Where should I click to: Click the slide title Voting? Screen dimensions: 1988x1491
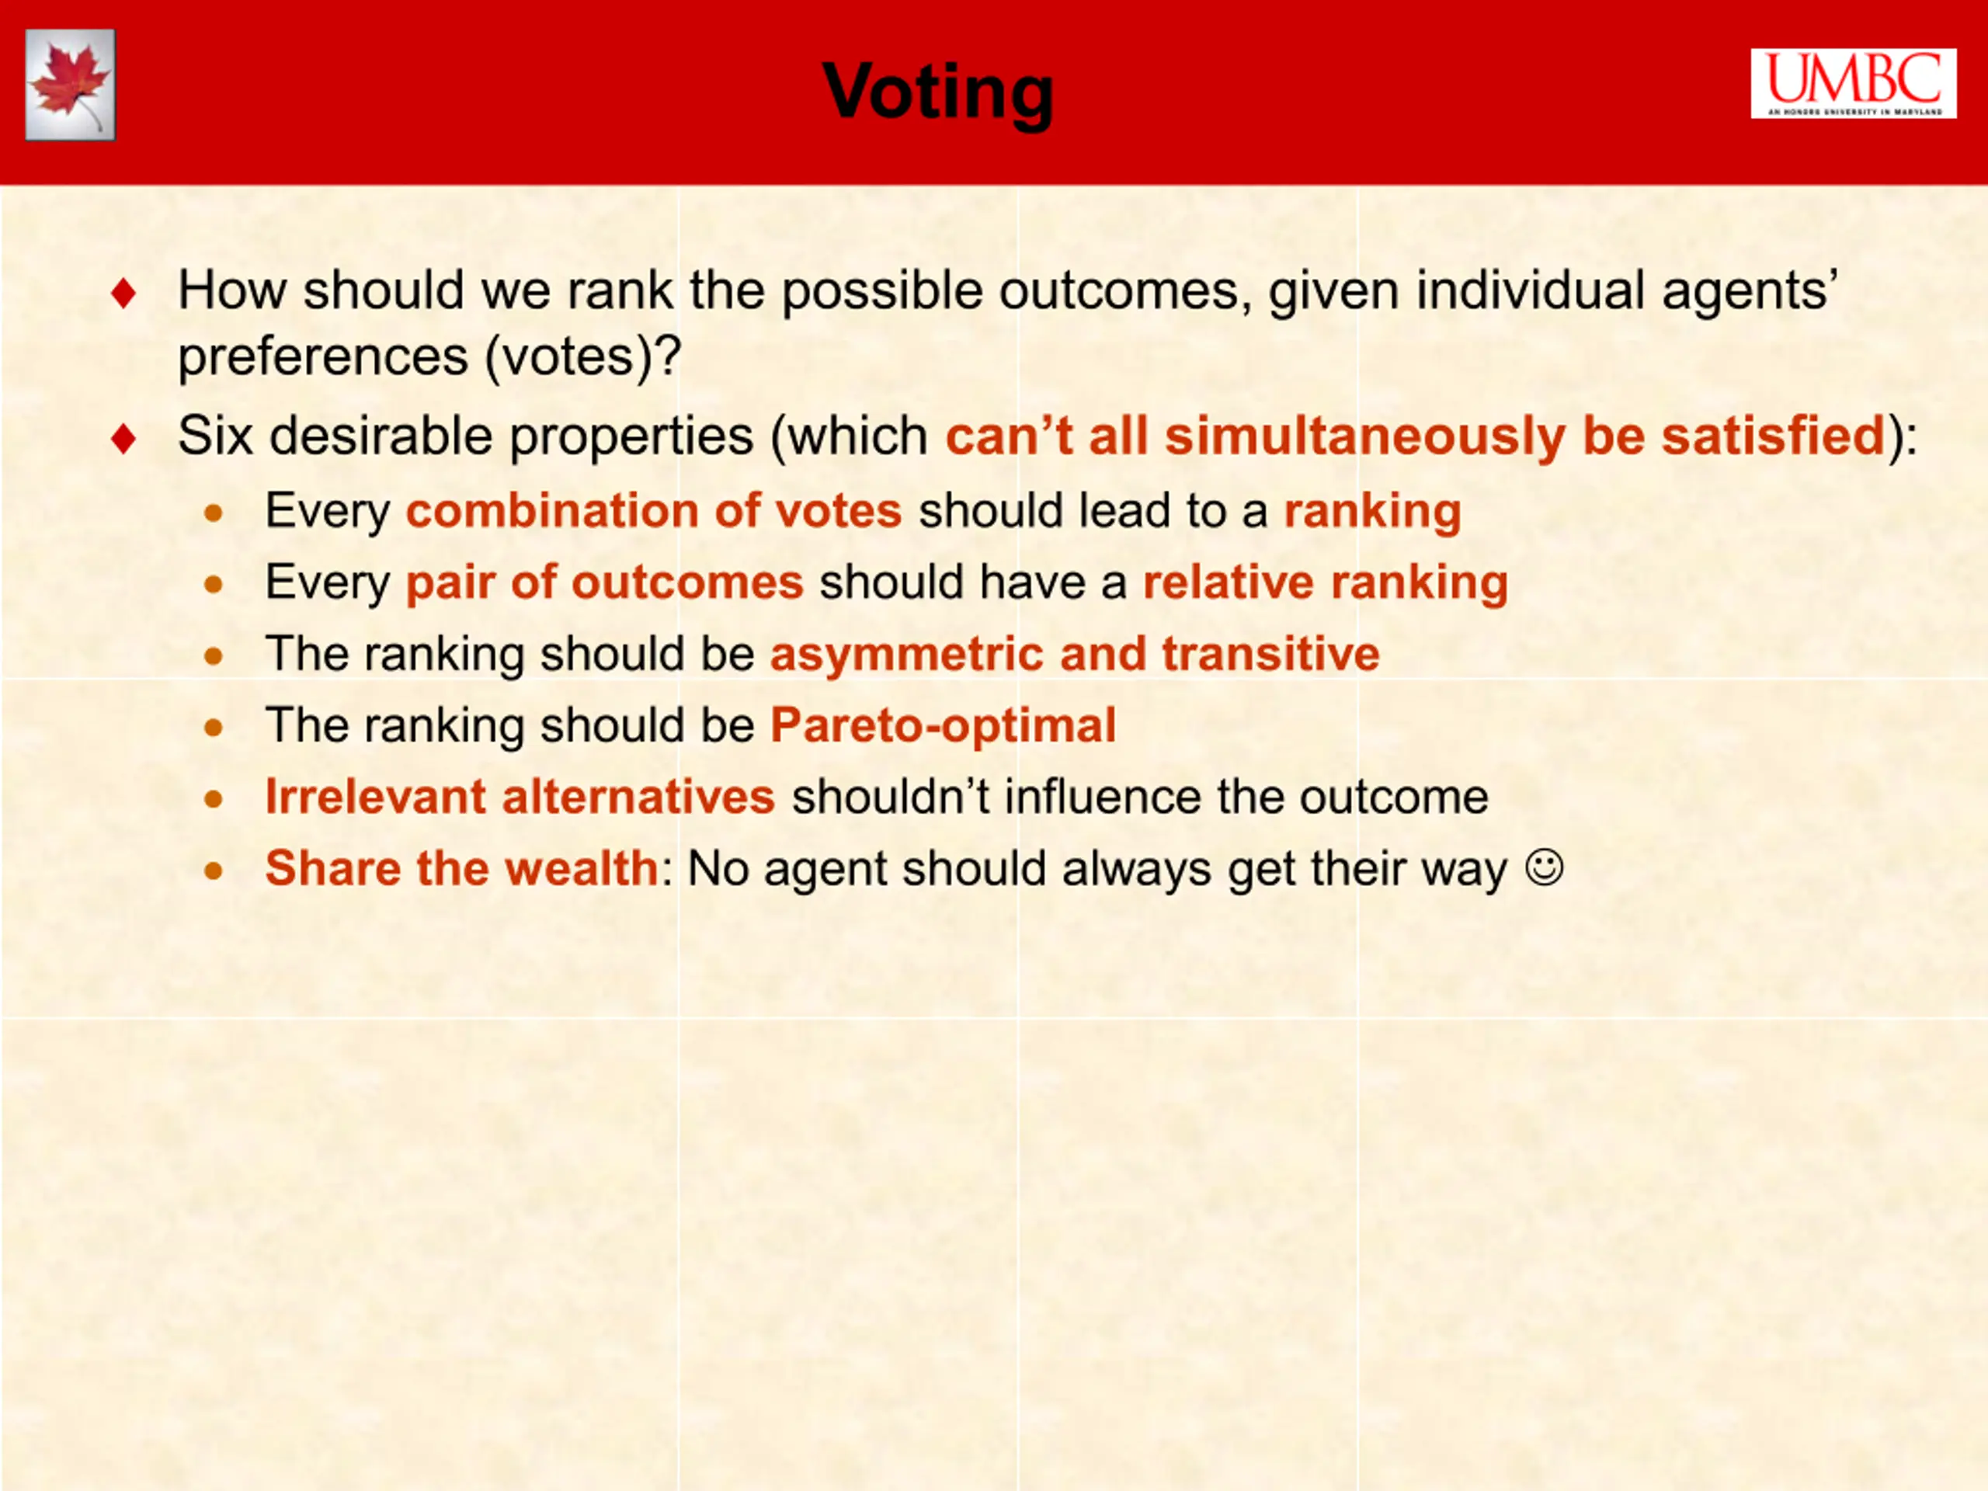937,92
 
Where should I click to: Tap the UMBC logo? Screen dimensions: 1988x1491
1853,84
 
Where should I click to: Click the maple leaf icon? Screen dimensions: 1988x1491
70,85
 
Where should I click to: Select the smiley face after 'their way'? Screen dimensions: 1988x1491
1545,868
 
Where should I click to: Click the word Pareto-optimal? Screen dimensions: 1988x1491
943,725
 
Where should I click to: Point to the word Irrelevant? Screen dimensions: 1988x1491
376,796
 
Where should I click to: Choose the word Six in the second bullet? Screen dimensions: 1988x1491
216,436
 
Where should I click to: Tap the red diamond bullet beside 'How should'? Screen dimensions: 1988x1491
123,293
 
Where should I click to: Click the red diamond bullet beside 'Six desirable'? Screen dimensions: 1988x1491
123,439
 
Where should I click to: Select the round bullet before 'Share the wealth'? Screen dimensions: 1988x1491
213,870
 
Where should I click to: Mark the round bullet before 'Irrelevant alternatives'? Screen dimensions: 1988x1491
213,798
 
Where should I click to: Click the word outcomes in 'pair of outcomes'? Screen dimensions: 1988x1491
687,582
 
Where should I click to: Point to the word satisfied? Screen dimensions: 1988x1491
1772,436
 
